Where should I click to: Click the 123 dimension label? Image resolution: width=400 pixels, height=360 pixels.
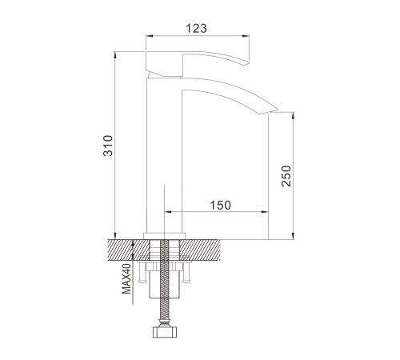coord(196,28)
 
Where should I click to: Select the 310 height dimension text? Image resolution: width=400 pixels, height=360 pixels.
coord(108,146)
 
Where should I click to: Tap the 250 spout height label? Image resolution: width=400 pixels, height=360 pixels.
coord(286,176)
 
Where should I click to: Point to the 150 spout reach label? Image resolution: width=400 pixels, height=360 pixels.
coord(221,206)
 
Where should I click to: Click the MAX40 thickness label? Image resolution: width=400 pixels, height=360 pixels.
coord(127,278)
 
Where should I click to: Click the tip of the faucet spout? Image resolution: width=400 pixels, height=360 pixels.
coord(278,110)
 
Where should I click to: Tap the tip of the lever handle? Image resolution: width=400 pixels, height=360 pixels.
coord(249,63)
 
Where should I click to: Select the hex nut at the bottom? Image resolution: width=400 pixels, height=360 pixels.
coord(165,332)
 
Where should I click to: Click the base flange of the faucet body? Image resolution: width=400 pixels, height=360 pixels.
coord(164,236)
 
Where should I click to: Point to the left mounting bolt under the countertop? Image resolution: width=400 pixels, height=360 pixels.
coord(142,273)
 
